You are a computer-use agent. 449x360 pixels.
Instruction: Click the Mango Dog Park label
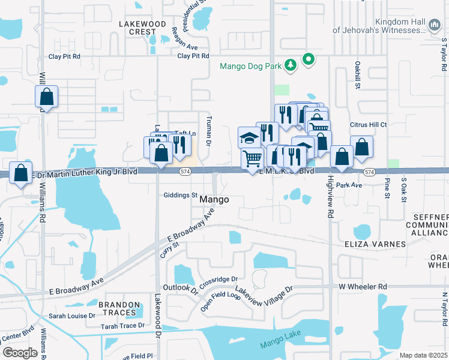pyautogui.click(x=250, y=66)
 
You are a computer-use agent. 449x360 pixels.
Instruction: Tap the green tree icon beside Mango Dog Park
pyautogui.click(x=291, y=65)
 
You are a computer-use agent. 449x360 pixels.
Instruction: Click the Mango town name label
pyautogui.click(x=214, y=199)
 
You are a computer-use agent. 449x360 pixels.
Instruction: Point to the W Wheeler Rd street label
pyautogui.click(x=363, y=287)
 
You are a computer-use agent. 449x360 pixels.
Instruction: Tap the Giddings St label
pyautogui.click(x=181, y=195)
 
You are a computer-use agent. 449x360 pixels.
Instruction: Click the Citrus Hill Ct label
pyautogui.click(x=369, y=125)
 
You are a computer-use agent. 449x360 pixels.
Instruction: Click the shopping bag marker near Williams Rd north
pyautogui.click(x=46, y=97)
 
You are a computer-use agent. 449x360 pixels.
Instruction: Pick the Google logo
pyautogui.click(x=20, y=352)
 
